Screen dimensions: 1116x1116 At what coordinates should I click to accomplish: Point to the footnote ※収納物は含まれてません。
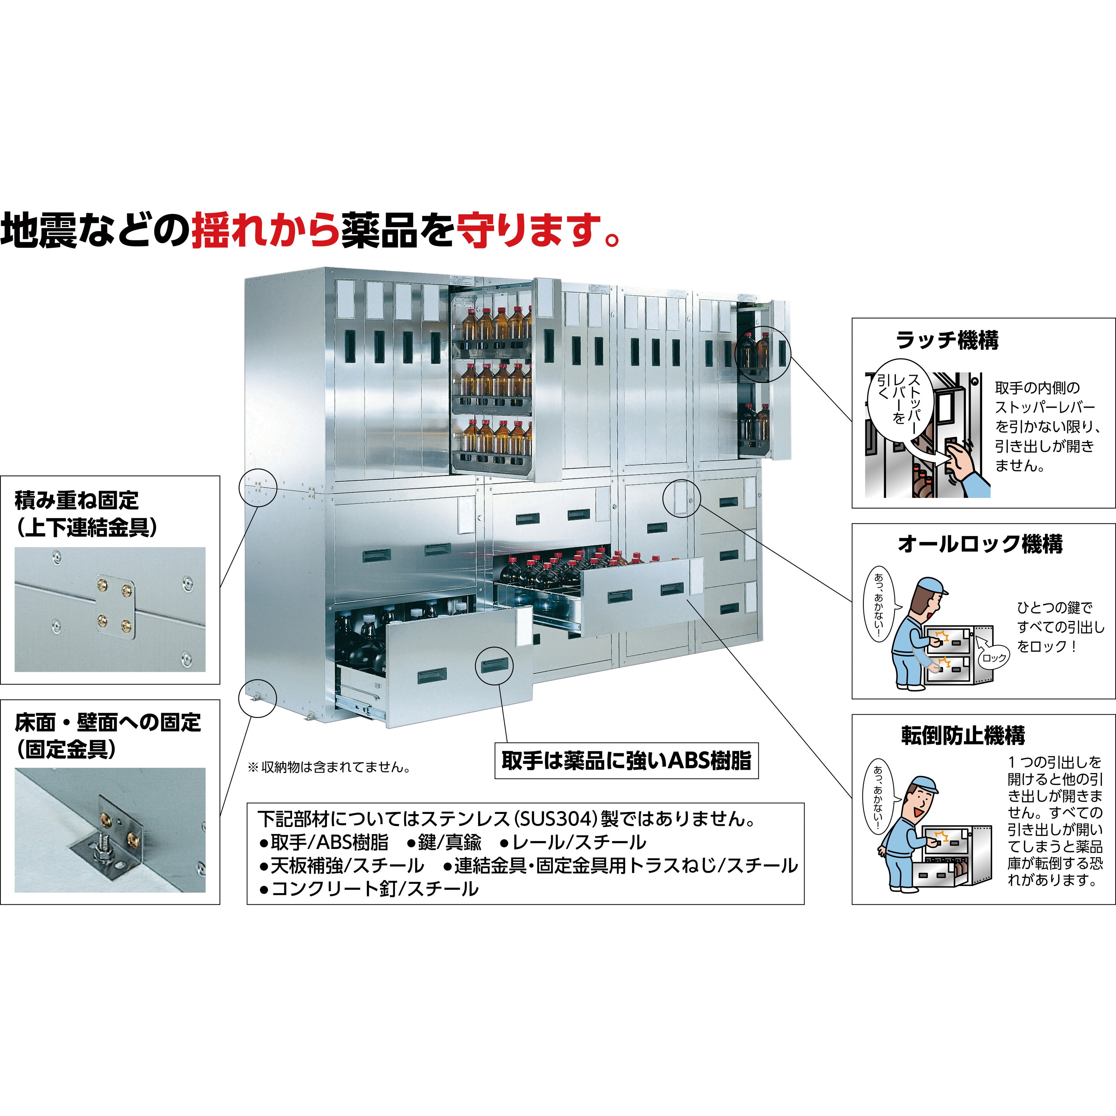tap(329, 767)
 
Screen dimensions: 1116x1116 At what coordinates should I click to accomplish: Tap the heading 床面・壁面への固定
tap(108, 722)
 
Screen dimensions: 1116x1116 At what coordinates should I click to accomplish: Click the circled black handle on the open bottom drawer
tap(494, 666)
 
